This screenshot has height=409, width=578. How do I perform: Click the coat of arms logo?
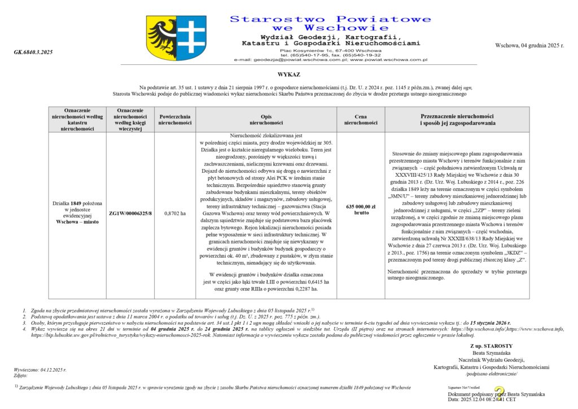(176, 38)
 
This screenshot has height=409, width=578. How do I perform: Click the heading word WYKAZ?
(288, 75)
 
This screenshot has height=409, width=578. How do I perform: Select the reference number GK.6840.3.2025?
(33, 52)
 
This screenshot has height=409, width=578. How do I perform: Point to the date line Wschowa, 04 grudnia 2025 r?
(529, 45)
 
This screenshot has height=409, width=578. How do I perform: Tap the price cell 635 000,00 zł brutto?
(361, 210)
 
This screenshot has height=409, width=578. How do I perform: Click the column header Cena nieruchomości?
(361, 119)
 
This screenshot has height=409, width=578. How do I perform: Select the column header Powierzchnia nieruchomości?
(175, 119)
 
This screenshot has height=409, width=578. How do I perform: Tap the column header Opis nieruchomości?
(266, 119)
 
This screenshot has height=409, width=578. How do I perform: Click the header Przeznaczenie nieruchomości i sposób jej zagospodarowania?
(457, 119)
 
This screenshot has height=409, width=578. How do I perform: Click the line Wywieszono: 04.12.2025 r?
(40, 369)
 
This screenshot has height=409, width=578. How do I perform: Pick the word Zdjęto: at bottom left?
(21, 375)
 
